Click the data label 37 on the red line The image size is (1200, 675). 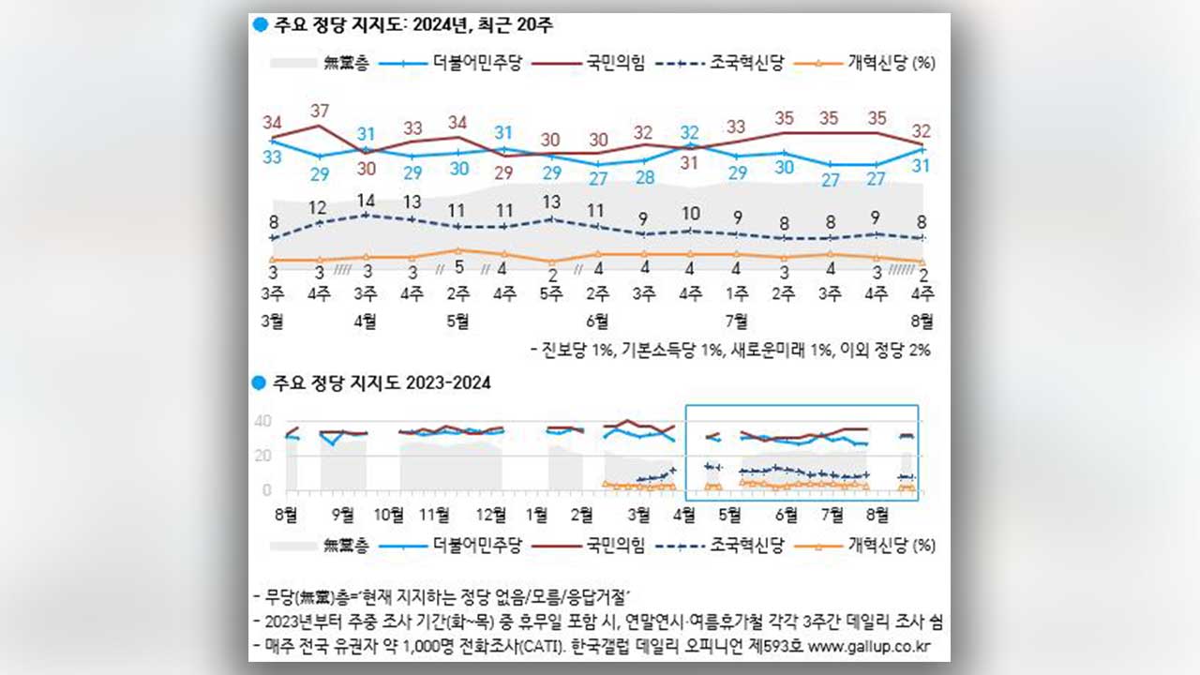pos(319,110)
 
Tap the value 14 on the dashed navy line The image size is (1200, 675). pos(366,200)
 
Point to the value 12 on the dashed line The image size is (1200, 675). pos(319,207)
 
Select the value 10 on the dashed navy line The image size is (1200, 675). pos(691,214)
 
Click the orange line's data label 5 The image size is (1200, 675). pos(458,266)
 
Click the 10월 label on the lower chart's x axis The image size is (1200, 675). pos(389,513)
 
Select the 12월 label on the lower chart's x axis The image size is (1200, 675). pos(491,513)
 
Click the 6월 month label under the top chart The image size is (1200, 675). pos(597,322)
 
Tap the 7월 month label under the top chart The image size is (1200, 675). pos(737,322)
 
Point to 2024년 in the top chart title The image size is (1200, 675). pos(422,26)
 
